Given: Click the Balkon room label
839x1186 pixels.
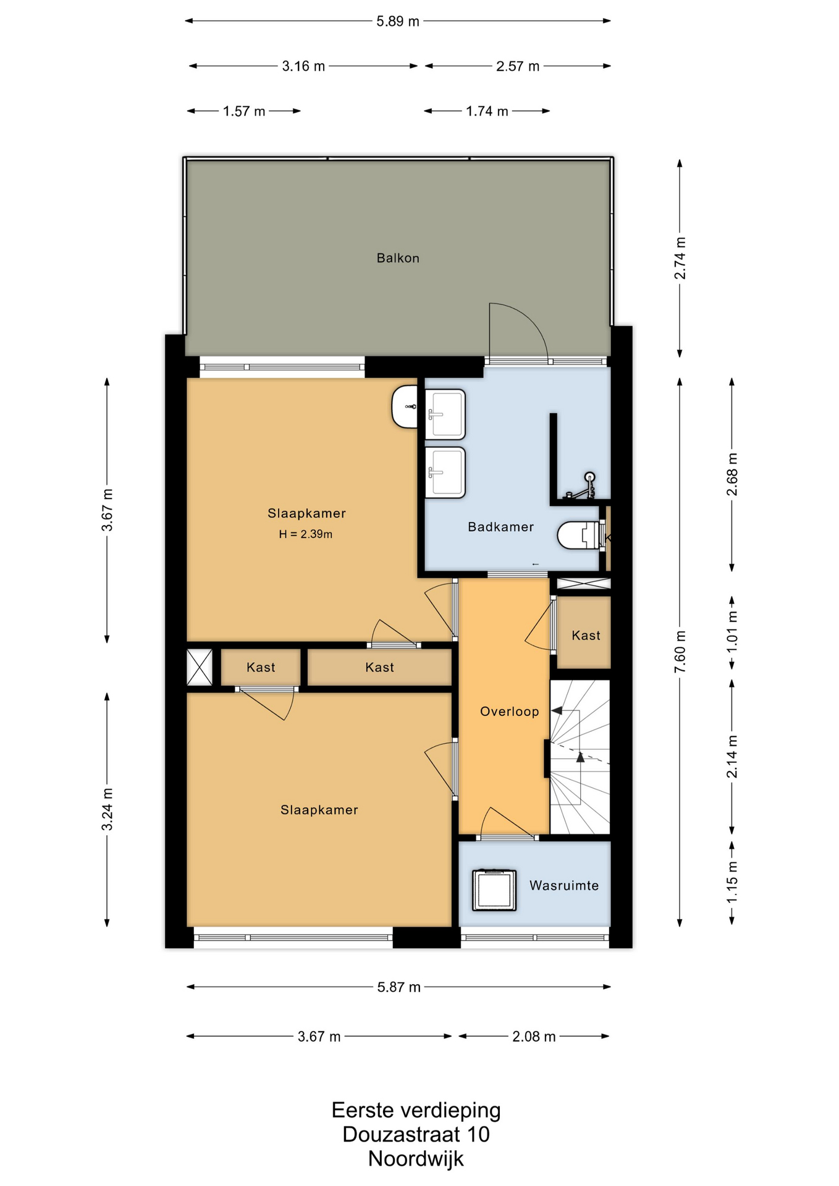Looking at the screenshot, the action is tap(398, 258).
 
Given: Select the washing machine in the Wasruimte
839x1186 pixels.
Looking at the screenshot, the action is tap(494, 890).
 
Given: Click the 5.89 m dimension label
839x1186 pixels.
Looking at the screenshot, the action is tap(398, 21).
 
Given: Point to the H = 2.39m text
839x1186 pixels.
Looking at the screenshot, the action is tap(306, 534).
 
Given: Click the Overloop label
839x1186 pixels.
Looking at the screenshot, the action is tap(510, 712).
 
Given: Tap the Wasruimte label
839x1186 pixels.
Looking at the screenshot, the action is tap(564, 886).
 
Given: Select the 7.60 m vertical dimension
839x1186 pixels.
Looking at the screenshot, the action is tap(680, 652).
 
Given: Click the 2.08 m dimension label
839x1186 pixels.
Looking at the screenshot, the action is tap(534, 1037).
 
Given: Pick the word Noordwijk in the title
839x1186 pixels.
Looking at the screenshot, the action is tap(416, 1159).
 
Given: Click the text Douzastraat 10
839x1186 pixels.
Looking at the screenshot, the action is tap(416, 1134).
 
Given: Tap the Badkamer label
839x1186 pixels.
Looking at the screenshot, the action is tap(501, 527).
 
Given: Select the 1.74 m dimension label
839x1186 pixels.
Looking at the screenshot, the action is tap(487, 111).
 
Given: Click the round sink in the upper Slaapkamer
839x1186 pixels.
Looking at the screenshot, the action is tap(405, 406).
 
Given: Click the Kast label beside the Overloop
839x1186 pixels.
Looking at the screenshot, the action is tap(586, 636).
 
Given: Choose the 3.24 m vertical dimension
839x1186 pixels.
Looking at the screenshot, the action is tap(108, 809).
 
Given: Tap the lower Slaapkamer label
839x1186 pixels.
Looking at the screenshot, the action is tap(319, 810).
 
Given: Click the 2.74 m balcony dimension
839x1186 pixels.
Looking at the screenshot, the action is tap(680, 258).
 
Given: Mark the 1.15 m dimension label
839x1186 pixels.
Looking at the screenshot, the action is tap(732, 882).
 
